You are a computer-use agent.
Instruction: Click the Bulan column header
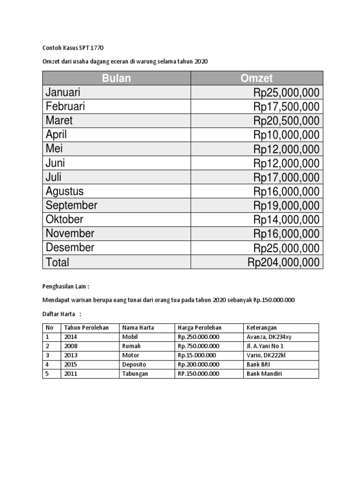116,78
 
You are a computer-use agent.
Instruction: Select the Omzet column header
256,78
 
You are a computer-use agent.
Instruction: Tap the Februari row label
65,106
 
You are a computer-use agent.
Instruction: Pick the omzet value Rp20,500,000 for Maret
286,121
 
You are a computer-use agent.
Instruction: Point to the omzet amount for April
286,135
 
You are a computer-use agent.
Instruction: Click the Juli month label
53,177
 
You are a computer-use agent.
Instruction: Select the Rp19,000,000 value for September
286,205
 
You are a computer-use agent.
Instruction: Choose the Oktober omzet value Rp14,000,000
286,219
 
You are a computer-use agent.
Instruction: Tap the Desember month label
70,247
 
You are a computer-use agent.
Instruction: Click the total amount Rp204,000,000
284,262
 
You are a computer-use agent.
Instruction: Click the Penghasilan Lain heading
66,286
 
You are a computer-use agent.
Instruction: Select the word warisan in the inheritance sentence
83,300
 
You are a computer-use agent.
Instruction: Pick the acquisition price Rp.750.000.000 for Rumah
198,346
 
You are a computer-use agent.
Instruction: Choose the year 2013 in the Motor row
71,355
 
